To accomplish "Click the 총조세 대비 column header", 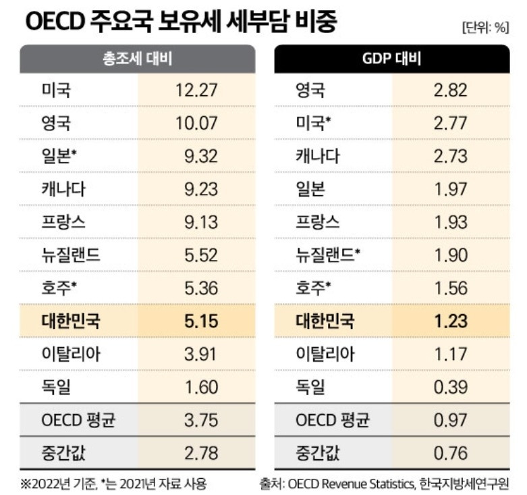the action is (138, 59).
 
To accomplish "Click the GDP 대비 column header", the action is (391, 59).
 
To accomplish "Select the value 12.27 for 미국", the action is (196, 90).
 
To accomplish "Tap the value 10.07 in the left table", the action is (196, 123).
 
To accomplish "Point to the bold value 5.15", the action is (201, 321).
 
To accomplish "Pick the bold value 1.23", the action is (451, 321).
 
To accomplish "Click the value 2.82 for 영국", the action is (450, 90).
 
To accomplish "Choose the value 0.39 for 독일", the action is (450, 388).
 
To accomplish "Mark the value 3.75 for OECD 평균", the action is (201, 420).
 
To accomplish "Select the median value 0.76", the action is (450, 453).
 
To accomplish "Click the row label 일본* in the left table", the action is (59, 156).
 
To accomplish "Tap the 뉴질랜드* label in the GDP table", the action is (328, 255).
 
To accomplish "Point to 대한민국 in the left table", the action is (71, 321).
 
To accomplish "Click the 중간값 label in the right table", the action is (317, 453).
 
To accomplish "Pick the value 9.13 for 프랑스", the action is (201, 222).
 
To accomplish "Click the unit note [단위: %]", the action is (485, 28).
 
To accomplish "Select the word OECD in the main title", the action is (54, 22).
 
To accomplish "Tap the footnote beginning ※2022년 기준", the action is (113, 484).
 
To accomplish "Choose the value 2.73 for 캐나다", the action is (450, 156).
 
